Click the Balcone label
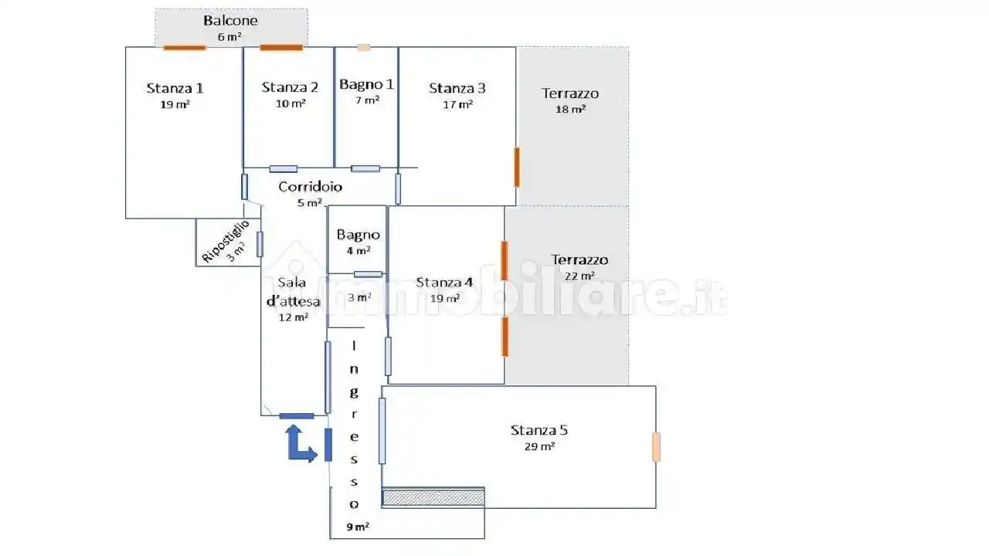tap(230, 20)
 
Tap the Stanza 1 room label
tap(175, 88)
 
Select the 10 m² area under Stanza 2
tap(291, 103)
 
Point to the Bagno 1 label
tap(366, 84)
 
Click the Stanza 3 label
tap(457, 88)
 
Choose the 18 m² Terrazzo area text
tap(570, 109)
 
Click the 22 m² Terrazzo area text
tap(579, 276)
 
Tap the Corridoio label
tap(311, 187)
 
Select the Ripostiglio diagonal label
tap(225, 242)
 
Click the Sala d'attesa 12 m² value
tap(294, 317)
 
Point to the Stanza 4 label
tap(444, 282)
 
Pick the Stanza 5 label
tap(539, 430)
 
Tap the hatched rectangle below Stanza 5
tap(433, 497)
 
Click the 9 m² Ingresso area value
tap(358, 527)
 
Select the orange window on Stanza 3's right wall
tap(517, 168)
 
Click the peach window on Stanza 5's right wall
tap(656, 447)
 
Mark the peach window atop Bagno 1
tap(364, 48)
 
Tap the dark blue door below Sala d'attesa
tap(297, 416)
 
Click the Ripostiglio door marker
tap(260, 244)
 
